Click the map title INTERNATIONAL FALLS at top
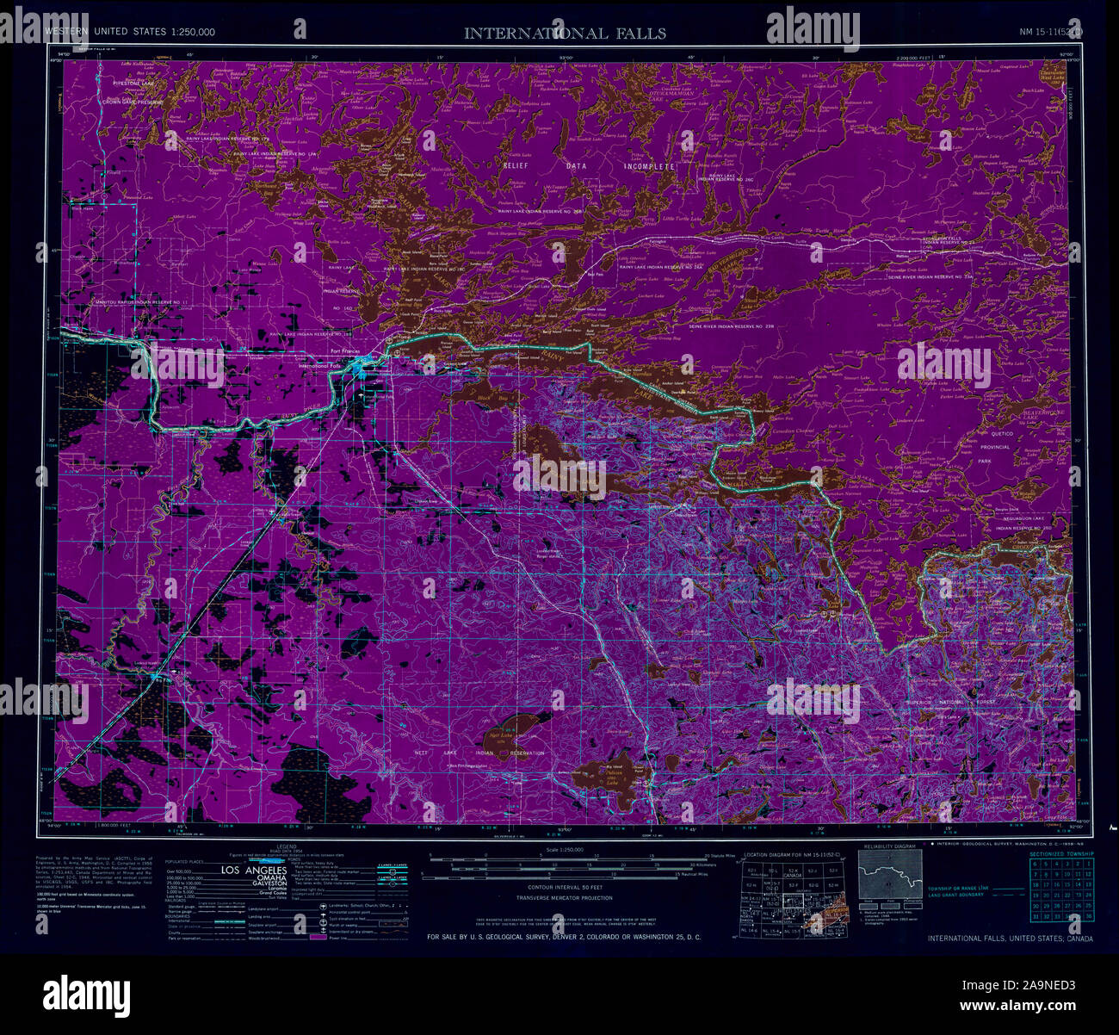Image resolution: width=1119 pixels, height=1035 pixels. pos(565,34)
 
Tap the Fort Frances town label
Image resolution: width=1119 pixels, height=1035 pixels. pos(336,350)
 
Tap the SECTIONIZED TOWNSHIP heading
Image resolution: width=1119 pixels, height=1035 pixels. pos(1061,852)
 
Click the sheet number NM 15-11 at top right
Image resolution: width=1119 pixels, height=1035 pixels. pos(1050,33)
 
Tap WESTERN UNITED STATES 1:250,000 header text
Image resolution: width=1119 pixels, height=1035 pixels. pos(130,32)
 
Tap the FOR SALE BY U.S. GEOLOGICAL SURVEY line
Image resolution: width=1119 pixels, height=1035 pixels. pos(564,936)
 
